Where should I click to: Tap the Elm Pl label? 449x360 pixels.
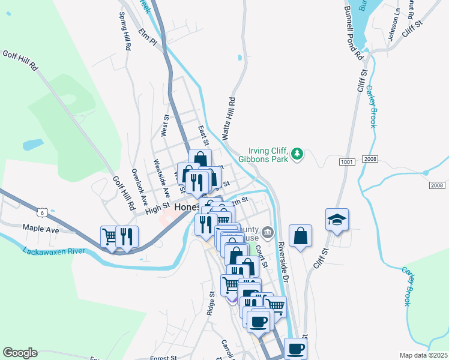pyautogui.click(x=147, y=37)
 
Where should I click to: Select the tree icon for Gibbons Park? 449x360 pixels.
pyautogui.click(x=297, y=155)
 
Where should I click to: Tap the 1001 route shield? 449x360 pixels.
pyautogui.click(x=346, y=161)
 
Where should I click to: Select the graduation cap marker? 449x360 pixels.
pyautogui.click(x=337, y=220)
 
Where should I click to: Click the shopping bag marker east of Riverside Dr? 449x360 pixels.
pyautogui.click(x=300, y=236)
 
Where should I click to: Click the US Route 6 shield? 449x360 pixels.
pyautogui.click(x=41, y=212)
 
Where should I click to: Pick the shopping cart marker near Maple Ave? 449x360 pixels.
pyautogui.click(x=109, y=237)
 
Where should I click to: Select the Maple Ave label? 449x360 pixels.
pyautogui.click(x=41, y=229)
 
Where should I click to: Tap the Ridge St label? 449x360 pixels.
pyautogui.click(x=211, y=304)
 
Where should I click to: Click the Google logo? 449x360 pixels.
pyautogui.click(x=20, y=353)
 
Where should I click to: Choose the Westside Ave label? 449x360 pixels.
pyautogui.click(x=161, y=175)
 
